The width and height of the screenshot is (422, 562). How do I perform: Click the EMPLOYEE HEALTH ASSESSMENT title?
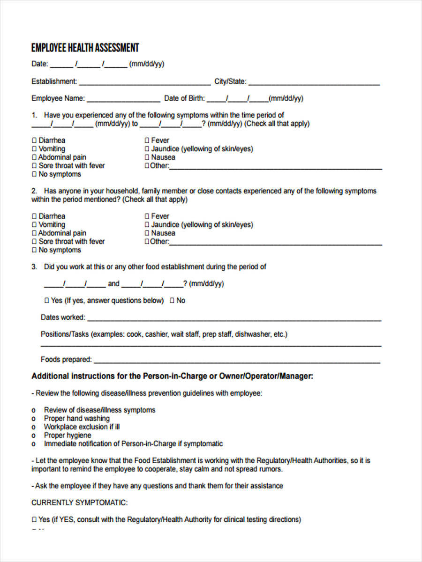85,48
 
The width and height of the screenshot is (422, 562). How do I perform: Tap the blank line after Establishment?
144,83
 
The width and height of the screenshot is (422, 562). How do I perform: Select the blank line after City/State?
314,83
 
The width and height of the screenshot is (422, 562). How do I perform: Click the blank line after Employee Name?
123,100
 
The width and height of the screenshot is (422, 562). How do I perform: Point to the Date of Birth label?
184,98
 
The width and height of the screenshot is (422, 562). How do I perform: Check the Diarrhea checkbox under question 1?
34,140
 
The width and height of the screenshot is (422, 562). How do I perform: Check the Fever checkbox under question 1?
147,140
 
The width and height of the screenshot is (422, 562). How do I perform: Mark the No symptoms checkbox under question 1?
34,174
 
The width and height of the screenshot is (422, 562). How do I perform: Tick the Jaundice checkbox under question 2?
147,225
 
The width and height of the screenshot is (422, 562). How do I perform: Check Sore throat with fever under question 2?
34,242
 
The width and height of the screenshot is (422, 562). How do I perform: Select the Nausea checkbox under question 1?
147,157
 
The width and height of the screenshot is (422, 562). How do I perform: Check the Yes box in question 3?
47,301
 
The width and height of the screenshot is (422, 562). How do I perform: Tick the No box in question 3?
172,301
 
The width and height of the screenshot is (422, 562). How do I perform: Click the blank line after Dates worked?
234,319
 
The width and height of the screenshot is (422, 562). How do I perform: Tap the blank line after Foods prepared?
237,362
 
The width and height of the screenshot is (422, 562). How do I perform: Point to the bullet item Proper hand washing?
76,418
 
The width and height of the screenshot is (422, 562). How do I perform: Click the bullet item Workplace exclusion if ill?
82,427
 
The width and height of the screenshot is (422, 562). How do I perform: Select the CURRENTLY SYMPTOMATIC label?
79,503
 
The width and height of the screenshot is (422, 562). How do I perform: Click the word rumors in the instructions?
271,469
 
